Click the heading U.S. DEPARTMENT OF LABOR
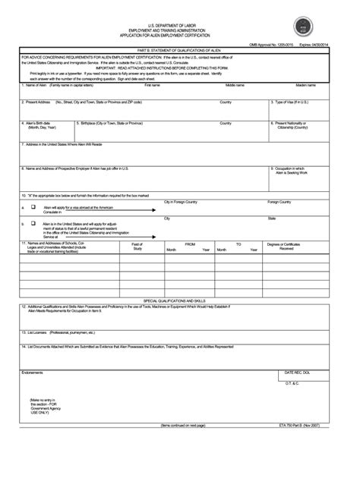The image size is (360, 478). (180, 25)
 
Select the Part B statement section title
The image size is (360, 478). (179, 51)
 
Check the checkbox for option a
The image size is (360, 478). (33, 206)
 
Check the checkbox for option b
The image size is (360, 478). (33, 224)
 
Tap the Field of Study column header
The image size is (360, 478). (138, 246)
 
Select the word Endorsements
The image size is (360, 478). (33, 351)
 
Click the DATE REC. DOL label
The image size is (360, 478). (298, 351)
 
